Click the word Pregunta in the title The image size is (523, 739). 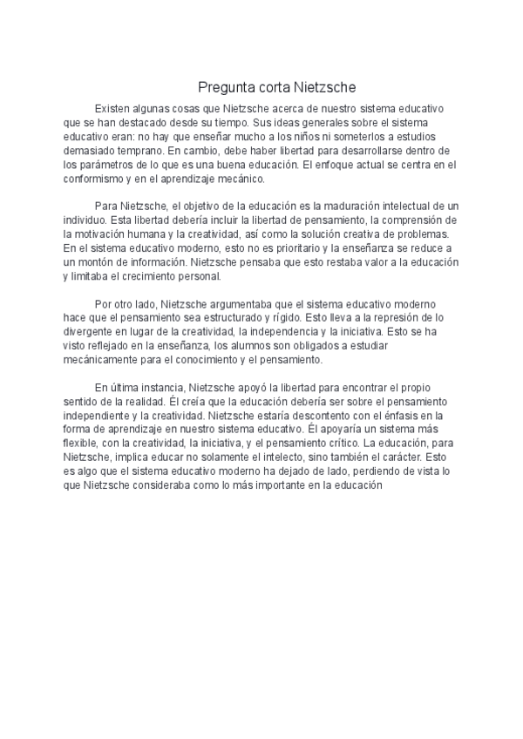[x=223, y=87]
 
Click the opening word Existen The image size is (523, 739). [x=114, y=107]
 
